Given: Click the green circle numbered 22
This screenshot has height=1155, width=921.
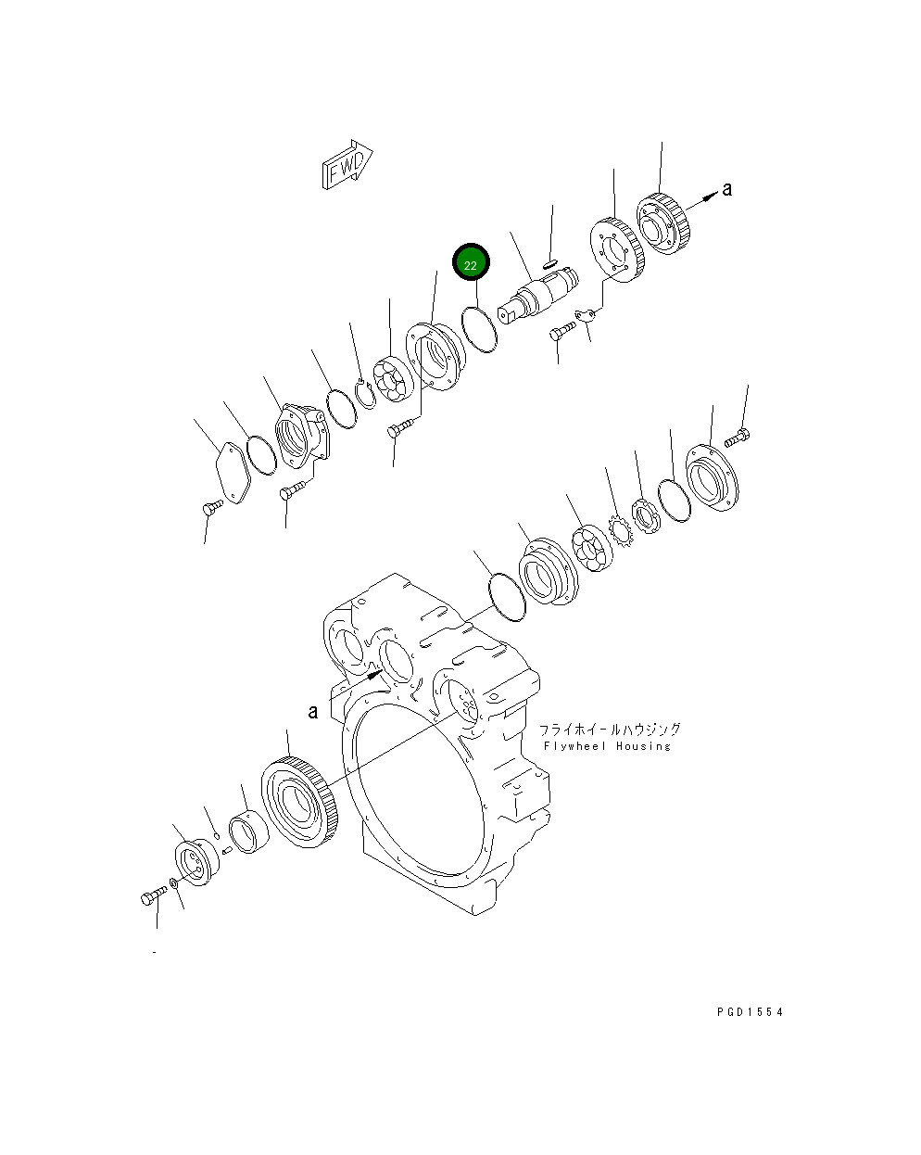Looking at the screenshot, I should coord(470,264).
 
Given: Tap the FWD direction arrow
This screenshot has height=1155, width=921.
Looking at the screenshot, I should coord(347,165).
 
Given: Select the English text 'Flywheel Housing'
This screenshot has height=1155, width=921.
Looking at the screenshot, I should coord(607,746).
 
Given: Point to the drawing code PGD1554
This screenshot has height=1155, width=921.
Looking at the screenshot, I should coord(750,1012).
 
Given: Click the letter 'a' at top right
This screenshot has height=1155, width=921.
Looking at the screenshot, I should coord(727,189).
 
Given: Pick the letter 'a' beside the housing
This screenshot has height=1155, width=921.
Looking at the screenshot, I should coord(313,711).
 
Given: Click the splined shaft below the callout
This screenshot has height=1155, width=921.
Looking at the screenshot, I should coord(537,295).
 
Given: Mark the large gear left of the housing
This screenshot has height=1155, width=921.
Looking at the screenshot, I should coord(301,800).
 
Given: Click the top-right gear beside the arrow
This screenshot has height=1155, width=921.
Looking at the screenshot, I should coord(666,223).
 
